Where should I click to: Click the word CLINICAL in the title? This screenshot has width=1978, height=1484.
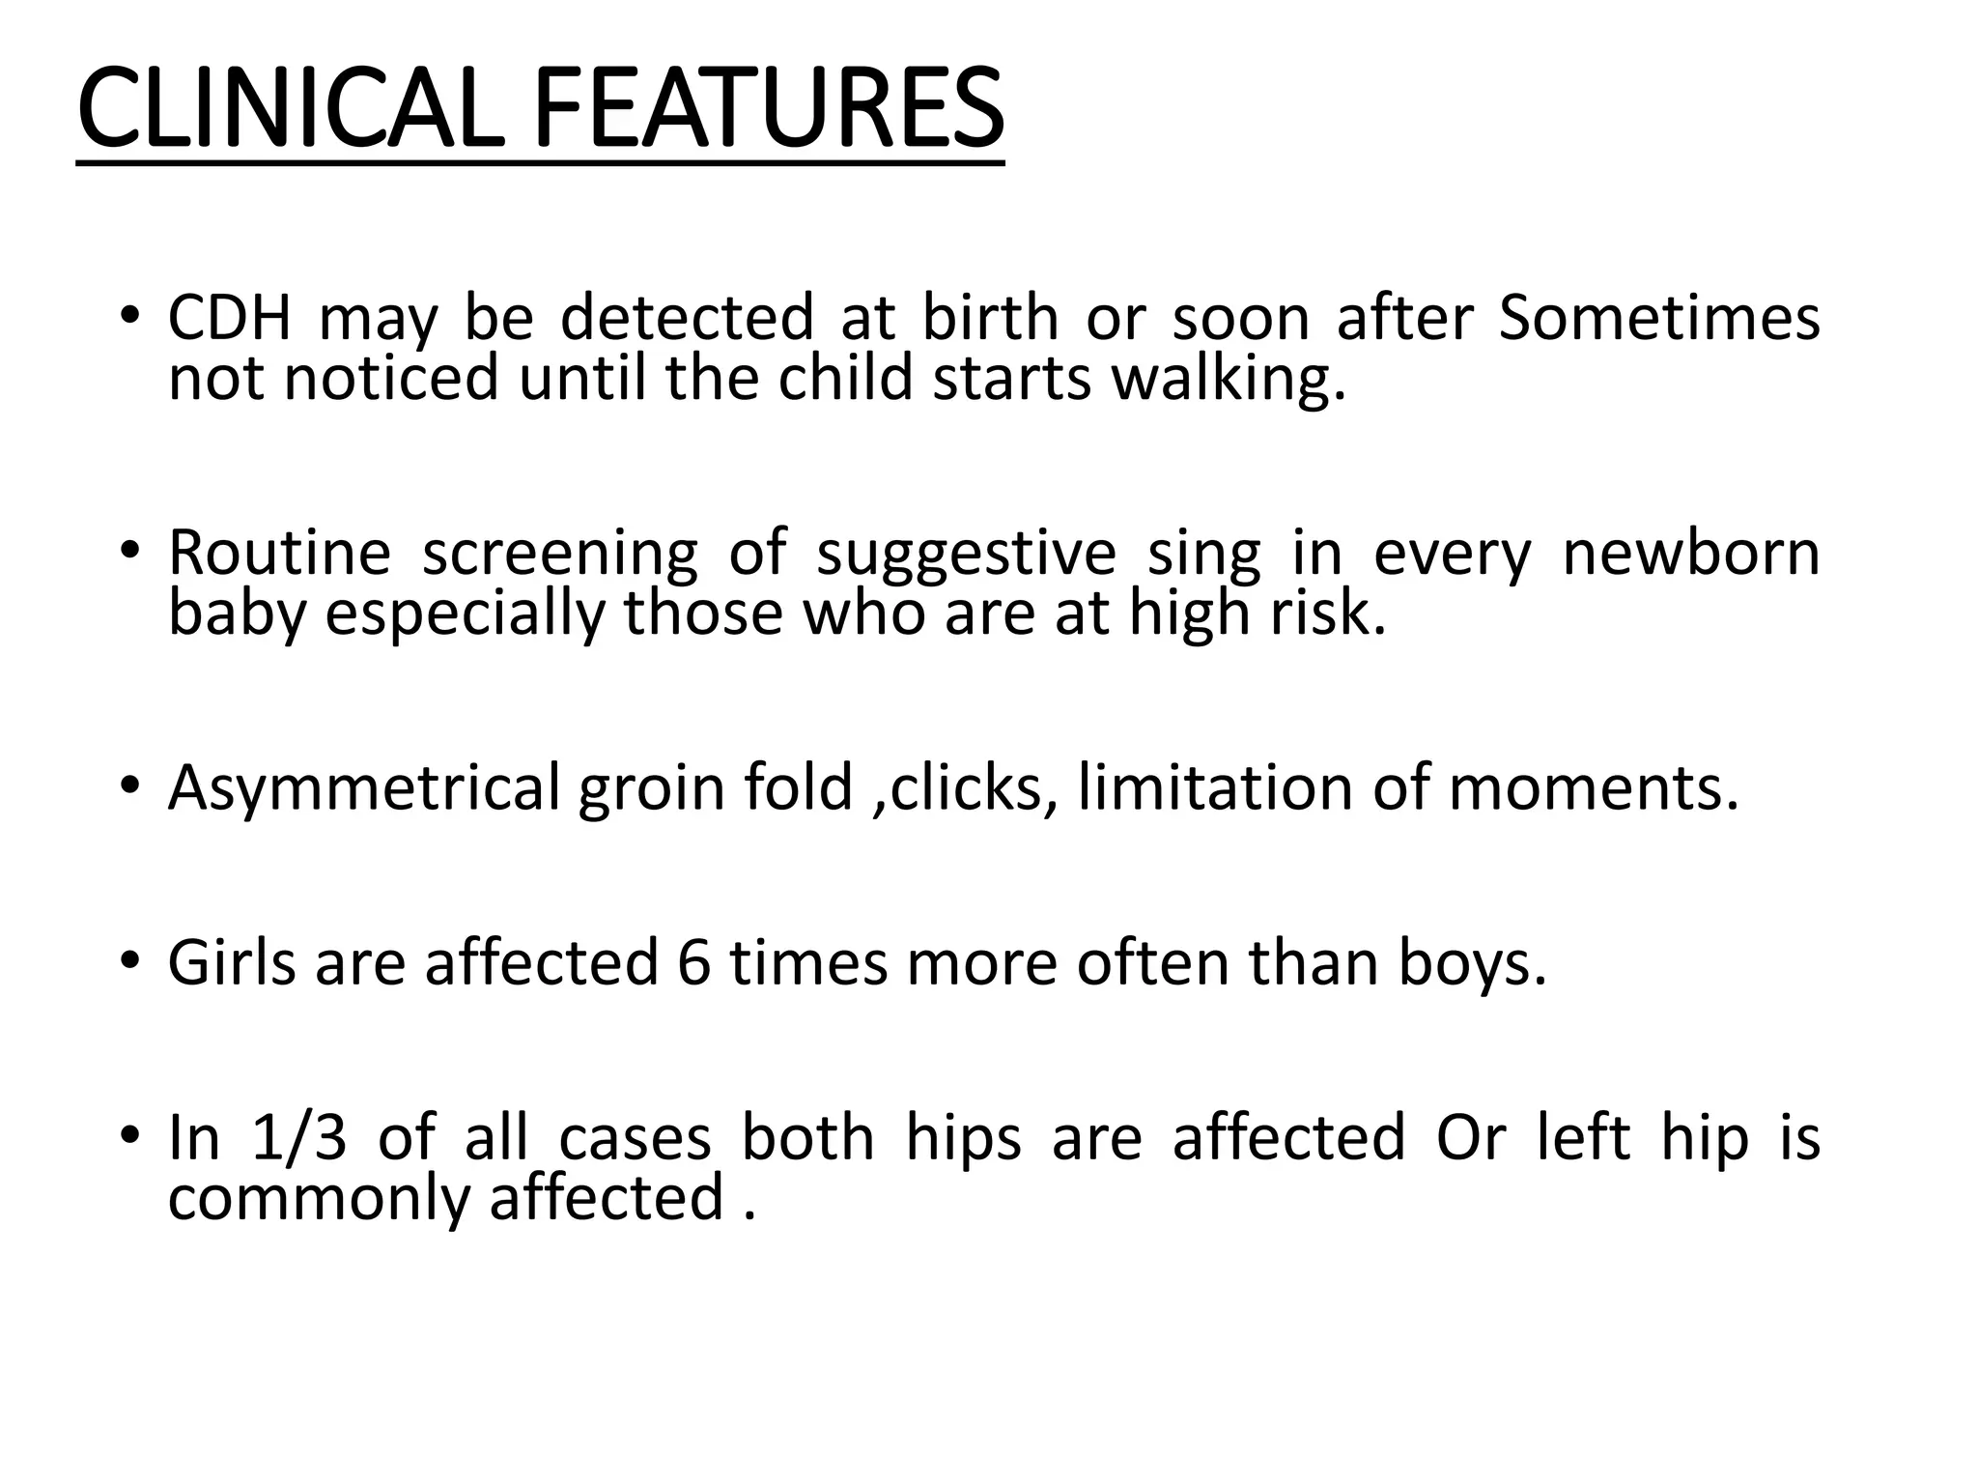coord(290,108)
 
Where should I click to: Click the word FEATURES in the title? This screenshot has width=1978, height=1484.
coord(768,108)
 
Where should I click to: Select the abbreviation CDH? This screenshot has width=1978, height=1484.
coord(229,318)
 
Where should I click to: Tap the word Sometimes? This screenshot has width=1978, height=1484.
coord(1658,318)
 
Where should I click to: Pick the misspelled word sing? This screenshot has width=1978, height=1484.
coord(1203,556)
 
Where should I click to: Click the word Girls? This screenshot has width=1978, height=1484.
coord(232,962)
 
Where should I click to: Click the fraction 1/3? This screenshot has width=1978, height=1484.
coord(298,1137)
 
